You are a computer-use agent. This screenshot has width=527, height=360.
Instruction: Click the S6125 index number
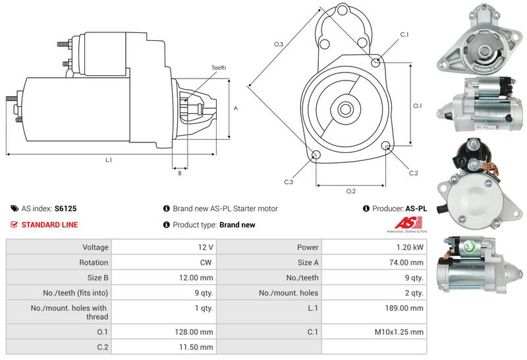(x=65, y=208)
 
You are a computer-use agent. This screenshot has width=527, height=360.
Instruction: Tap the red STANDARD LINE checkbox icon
(x=14, y=225)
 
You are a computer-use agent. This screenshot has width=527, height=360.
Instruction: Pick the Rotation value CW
(x=206, y=262)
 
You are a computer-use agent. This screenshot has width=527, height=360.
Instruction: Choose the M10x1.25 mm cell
(x=401, y=332)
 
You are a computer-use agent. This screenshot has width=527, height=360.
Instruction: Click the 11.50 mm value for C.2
(x=198, y=347)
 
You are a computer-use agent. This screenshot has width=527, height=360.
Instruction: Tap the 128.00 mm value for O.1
(x=196, y=332)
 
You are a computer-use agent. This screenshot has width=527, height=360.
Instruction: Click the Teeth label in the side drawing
(x=219, y=68)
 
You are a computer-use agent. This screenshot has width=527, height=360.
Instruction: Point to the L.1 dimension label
(x=108, y=160)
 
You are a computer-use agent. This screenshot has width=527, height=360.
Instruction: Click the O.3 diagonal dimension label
(x=279, y=44)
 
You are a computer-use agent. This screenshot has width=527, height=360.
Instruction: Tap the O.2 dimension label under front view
(x=351, y=191)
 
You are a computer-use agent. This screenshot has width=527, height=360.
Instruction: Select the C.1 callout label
(x=404, y=34)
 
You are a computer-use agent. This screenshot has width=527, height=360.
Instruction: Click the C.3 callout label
(x=289, y=182)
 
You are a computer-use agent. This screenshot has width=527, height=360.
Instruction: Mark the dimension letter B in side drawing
(x=179, y=173)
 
